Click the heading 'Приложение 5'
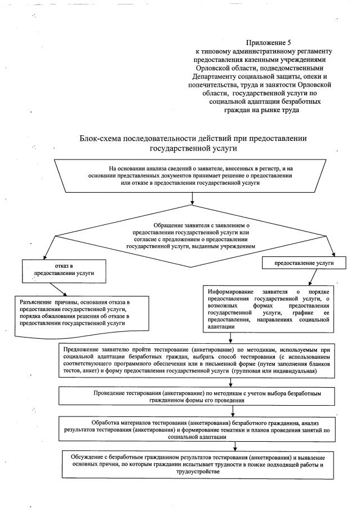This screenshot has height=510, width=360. point(268,43)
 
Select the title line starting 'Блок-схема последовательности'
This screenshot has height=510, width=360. point(194,139)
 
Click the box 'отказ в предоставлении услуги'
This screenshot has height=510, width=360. point(58,269)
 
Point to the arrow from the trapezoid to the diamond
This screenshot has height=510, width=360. point(192,199)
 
